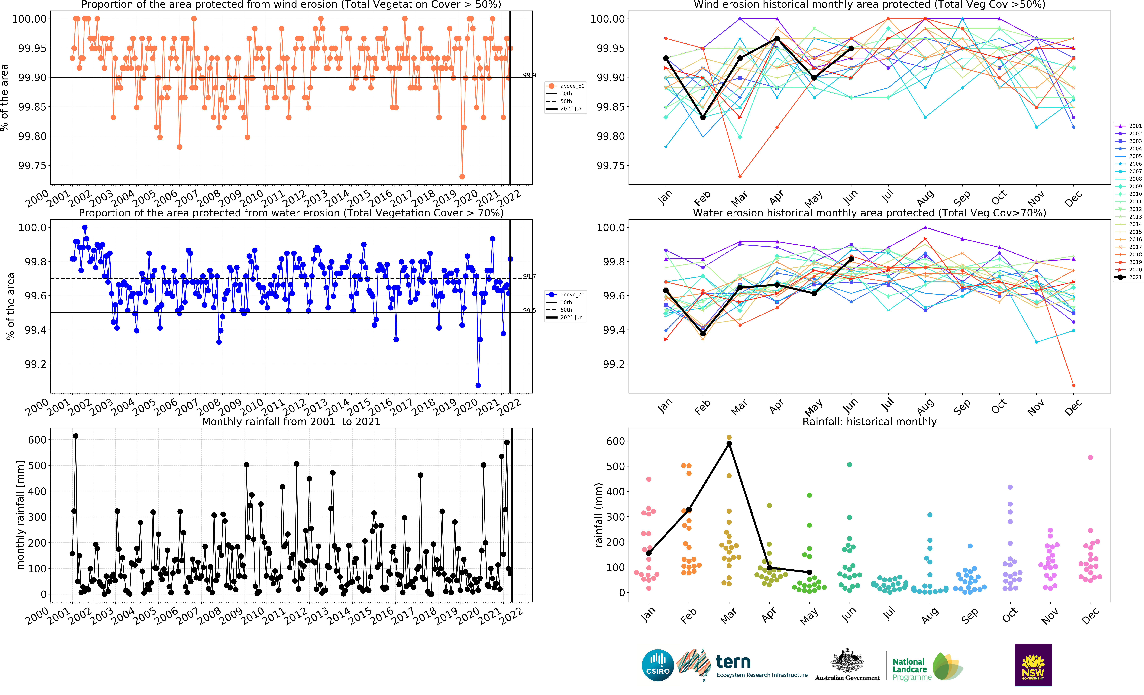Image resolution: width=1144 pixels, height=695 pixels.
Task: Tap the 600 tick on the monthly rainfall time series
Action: click(37, 440)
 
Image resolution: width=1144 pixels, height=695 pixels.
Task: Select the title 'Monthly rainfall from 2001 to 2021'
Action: click(291, 422)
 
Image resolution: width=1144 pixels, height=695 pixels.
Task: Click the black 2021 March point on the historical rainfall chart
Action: click(729, 444)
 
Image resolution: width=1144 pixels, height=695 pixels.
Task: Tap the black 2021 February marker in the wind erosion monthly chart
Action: click(703, 117)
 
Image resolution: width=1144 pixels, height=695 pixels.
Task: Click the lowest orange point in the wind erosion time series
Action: click(462, 176)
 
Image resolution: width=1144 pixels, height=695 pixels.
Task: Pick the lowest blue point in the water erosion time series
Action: click(478, 385)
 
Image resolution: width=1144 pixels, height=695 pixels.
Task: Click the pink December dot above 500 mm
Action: click(1091, 457)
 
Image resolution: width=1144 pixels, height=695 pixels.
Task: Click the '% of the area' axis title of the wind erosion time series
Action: click(5, 97)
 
